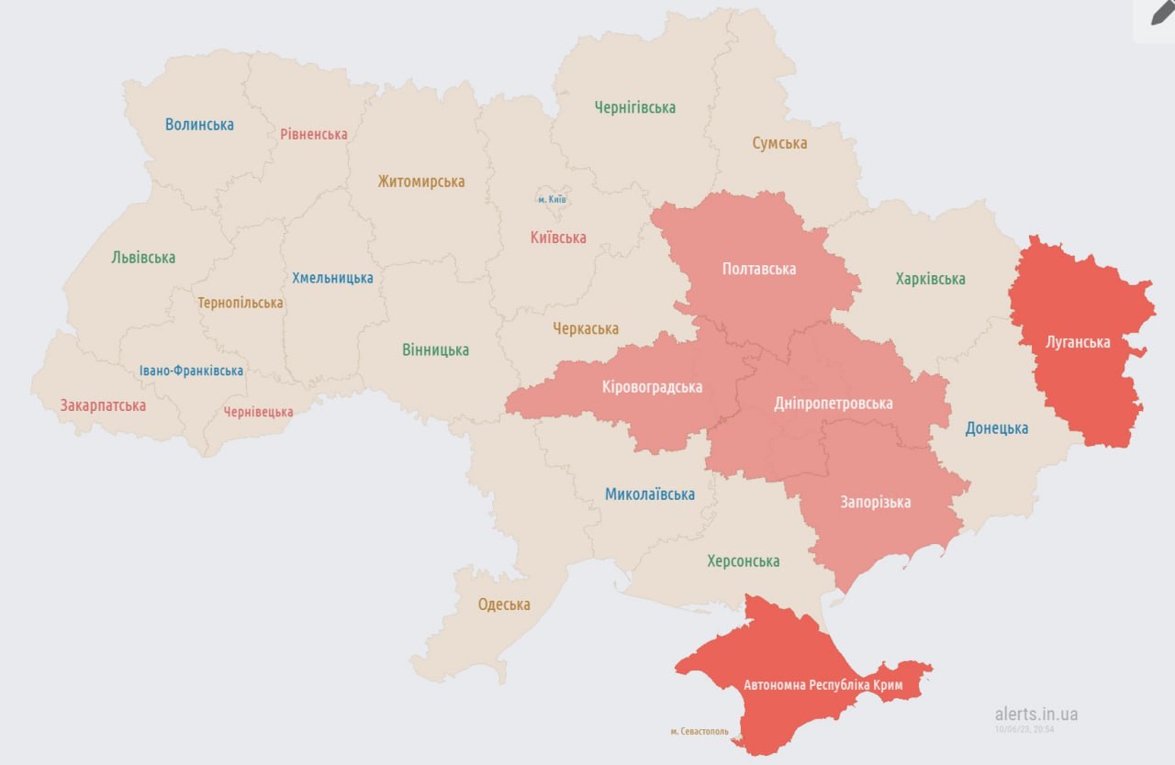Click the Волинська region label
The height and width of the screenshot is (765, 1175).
coord(199,124)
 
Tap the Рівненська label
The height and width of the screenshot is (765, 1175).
coord(314,134)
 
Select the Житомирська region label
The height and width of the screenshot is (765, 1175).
coord(420,182)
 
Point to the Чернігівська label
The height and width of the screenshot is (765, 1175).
coord(634,107)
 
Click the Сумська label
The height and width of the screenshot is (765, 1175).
coord(779,143)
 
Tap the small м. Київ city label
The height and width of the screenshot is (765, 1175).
coord(552,199)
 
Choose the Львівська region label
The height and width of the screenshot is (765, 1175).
coord(143,258)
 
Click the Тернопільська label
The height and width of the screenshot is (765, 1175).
coord(241,302)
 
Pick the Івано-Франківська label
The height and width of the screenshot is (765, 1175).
coord(192,371)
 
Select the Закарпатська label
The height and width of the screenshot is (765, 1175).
coord(103,405)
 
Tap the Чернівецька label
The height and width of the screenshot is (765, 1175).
coord(259,412)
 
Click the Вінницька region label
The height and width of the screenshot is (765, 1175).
coord(435,349)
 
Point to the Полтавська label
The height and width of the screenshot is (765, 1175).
coord(759,269)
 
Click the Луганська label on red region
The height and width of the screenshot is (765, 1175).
coord(1078,342)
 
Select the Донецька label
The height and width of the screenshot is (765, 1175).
coord(996,428)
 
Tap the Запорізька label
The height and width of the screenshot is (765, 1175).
coord(875,502)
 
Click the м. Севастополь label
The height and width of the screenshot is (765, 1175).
coord(699,731)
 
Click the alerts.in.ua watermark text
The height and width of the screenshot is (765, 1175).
coord(1036,714)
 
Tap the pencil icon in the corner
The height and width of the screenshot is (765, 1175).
coord(1162,13)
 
